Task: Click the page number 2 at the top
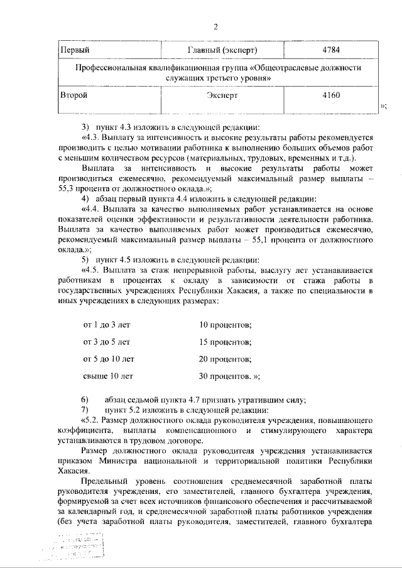[x=215, y=27]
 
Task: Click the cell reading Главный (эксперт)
[x=223, y=49]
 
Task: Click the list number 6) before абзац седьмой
[x=85, y=400]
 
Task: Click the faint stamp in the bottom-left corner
[x=79, y=547]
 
